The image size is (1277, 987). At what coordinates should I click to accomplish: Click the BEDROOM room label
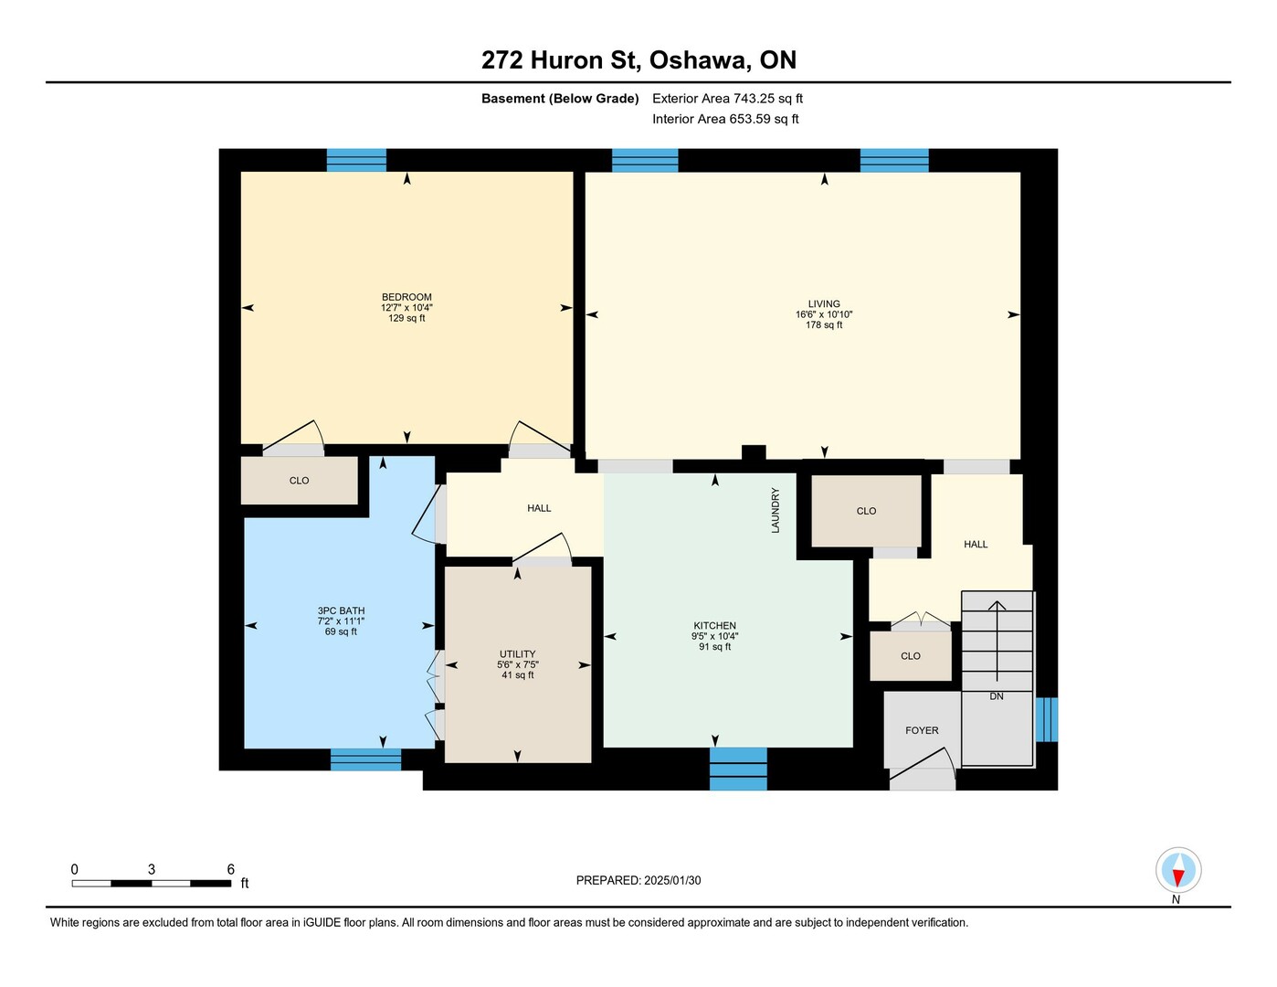click(406, 297)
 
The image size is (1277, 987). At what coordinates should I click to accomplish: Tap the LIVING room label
click(824, 304)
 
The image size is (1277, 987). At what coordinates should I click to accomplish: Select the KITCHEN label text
click(714, 625)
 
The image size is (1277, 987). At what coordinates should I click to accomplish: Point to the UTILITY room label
click(517, 653)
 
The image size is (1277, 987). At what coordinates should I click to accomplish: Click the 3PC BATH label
click(341, 610)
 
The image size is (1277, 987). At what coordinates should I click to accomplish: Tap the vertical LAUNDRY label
click(776, 510)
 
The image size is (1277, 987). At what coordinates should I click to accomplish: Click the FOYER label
click(922, 730)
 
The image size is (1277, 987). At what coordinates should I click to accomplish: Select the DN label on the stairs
click(996, 696)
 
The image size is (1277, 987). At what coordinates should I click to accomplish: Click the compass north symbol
click(1178, 870)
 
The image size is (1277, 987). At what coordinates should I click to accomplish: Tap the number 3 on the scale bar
click(152, 869)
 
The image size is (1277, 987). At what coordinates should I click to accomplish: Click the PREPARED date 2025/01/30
click(672, 880)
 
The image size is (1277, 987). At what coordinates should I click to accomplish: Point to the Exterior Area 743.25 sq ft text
click(727, 99)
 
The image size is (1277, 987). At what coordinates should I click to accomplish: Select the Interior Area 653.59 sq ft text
click(725, 119)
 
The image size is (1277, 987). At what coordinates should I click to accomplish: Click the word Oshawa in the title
click(698, 60)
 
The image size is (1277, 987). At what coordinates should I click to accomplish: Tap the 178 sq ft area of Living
click(824, 324)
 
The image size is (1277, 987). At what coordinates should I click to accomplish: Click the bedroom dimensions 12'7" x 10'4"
click(406, 307)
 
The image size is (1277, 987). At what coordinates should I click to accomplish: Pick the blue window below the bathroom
click(365, 759)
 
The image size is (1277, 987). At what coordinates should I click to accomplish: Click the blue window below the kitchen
click(738, 769)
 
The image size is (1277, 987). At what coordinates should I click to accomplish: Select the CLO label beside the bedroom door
click(299, 481)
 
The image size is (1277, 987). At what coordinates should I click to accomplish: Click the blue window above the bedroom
click(356, 160)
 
